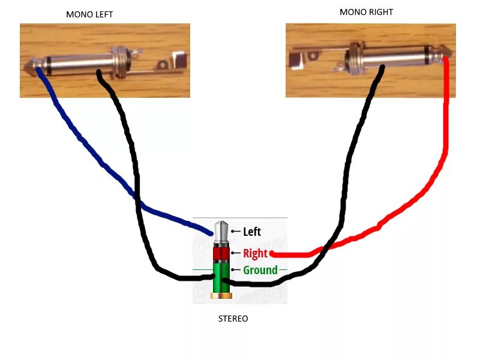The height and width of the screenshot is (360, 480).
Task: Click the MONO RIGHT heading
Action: [367, 12]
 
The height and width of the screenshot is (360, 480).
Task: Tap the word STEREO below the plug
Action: [233, 319]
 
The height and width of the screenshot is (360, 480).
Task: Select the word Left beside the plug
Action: [252, 232]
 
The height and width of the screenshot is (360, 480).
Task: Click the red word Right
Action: [255, 253]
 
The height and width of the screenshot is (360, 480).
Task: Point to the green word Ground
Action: [260, 270]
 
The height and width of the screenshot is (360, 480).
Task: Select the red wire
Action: [444, 150]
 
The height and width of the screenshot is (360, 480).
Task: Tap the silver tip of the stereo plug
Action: [221, 230]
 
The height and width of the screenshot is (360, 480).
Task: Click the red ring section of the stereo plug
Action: [221, 253]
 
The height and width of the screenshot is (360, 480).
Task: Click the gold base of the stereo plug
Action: [221, 296]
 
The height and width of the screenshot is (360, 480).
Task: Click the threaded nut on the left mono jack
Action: [121, 61]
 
